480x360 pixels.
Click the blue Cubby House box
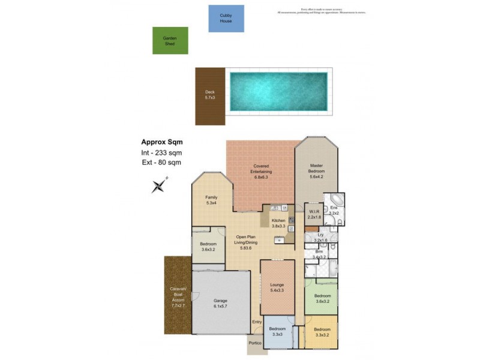[226, 18]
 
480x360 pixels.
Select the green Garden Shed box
[170, 40]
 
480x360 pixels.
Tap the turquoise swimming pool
[278, 92]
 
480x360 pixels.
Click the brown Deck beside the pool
[209, 96]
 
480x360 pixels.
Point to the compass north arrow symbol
[159, 186]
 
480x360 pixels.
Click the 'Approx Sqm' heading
[162, 142]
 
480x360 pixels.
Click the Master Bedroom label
[316, 171]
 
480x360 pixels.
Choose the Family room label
[211, 200]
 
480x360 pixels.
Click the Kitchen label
[278, 223]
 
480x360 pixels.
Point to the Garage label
[221, 304]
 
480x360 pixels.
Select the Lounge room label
[277, 287]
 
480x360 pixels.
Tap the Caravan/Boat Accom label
[179, 298]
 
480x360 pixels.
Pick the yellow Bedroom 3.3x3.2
[322, 332]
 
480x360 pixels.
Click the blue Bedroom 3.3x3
[277, 331]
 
